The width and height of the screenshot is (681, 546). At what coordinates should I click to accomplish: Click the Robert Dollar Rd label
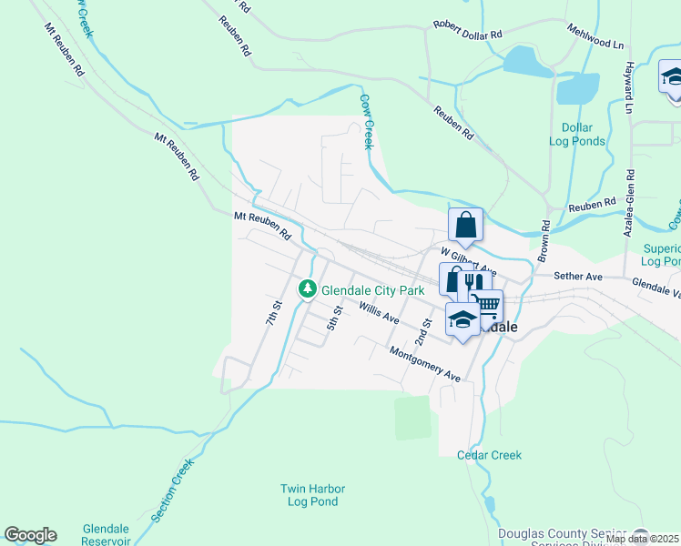[468, 30]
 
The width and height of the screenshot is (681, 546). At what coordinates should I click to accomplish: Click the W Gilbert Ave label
[468, 260]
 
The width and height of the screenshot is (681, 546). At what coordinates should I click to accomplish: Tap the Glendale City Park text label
[373, 290]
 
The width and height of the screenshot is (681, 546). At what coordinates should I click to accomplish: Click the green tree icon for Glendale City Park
[309, 289]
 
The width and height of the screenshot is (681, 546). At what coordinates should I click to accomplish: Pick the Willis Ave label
[379, 314]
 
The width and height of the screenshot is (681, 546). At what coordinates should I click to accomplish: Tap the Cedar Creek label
[489, 455]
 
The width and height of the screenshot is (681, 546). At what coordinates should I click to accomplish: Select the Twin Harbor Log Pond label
[310, 495]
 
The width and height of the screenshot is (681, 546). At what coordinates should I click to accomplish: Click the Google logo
[30, 535]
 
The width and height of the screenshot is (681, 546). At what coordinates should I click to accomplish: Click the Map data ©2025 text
[643, 539]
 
